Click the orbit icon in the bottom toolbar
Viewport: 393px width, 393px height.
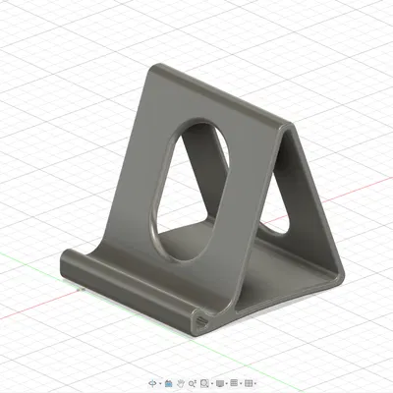tap(152, 381)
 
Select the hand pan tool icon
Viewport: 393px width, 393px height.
tap(180, 381)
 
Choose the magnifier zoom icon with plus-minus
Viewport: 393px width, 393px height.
tap(193, 381)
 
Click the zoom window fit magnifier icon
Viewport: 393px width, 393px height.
tap(205, 381)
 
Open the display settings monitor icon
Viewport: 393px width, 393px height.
tap(221, 381)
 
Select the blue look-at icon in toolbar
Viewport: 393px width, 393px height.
tap(168, 381)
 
